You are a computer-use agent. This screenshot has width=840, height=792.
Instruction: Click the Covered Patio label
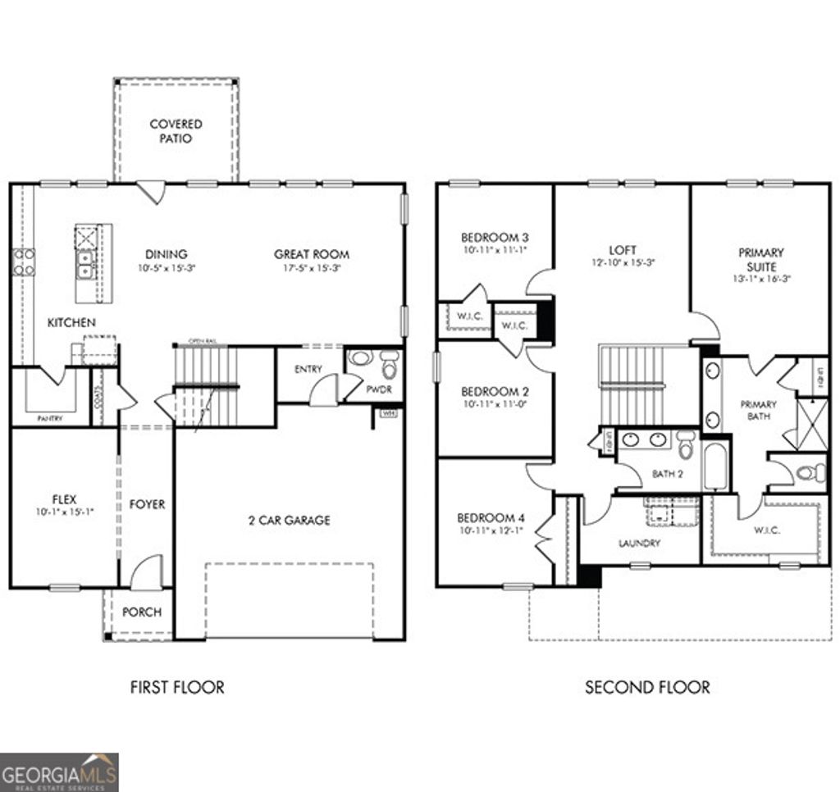click(176, 131)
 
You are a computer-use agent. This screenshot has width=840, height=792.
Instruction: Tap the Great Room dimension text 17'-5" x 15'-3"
click(312, 268)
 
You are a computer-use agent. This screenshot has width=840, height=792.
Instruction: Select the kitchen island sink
click(84, 263)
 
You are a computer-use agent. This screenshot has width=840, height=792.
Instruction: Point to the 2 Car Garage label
click(290, 520)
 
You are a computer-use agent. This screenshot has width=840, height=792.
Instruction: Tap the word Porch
click(142, 612)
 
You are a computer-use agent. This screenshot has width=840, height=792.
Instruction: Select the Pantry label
click(50, 418)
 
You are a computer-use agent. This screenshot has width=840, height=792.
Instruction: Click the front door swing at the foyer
click(145, 572)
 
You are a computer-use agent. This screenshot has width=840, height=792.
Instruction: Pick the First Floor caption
click(177, 687)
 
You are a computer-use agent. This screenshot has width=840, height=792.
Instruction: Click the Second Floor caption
click(647, 687)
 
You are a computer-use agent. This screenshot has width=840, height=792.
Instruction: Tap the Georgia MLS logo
click(59, 772)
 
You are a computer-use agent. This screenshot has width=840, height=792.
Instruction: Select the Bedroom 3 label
click(494, 238)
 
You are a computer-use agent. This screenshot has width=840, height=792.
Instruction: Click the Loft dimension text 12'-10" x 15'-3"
click(622, 263)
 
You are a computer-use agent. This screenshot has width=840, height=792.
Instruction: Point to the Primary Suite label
click(760, 260)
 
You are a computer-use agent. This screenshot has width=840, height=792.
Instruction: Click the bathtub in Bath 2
click(715, 467)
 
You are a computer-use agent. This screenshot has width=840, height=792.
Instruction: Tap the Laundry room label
click(639, 543)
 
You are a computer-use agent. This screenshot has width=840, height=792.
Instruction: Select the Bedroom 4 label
click(489, 518)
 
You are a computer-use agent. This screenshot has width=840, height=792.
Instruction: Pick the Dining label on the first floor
click(167, 254)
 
